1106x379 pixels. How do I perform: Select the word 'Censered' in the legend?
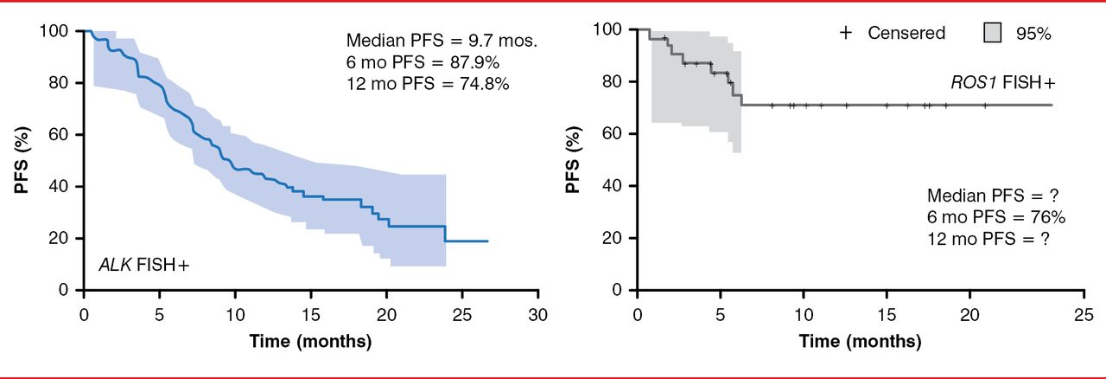click(906, 34)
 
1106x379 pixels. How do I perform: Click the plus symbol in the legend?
click(846, 33)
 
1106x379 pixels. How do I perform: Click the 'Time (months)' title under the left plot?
click(310, 341)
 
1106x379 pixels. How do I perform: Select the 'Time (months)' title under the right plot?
click(861, 341)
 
